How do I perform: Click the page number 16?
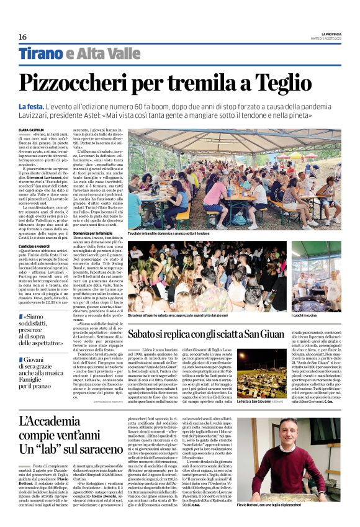point(22,37)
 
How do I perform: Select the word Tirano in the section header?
point(40,53)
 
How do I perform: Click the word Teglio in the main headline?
point(303,82)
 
